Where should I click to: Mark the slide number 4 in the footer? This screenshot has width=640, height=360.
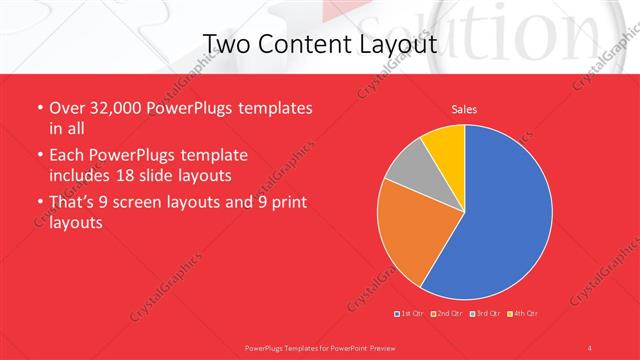point(589,346)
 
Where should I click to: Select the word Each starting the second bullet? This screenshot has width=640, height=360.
point(68,156)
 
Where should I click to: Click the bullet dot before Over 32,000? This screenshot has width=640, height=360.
point(39,108)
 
